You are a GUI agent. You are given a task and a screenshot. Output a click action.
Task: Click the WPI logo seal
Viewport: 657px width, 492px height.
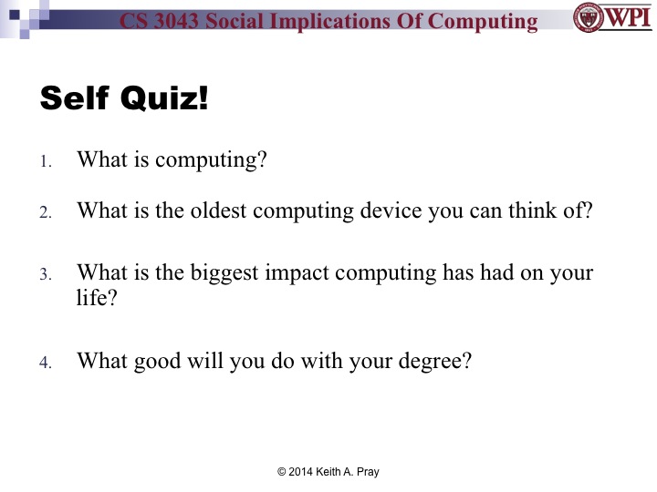pyautogui.click(x=589, y=17)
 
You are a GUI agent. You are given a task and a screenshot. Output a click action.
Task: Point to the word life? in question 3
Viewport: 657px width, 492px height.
pyautogui.click(x=97, y=296)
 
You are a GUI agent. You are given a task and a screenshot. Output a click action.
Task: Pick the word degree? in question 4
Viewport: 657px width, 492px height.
pyautogui.click(x=434, y=362)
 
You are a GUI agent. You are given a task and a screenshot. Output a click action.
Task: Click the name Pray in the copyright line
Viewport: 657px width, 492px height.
pyautogui.click(x=365, y=471)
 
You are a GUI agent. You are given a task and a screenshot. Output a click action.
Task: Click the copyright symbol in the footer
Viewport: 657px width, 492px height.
pyautogui.click(x=281, y=471)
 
